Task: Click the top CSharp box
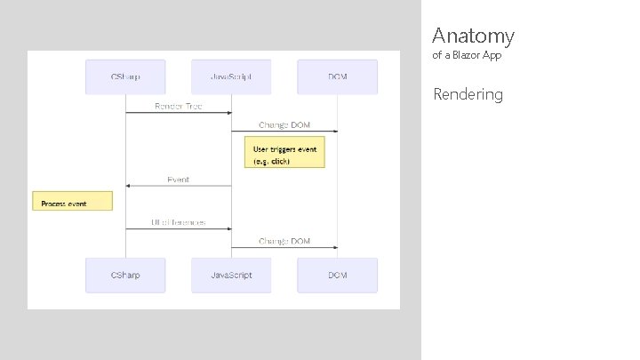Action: [125, 77]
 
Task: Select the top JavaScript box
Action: [231, 77]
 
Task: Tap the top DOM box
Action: [337, 77]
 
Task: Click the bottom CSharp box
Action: [125, 276]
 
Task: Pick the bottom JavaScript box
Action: [231, 276]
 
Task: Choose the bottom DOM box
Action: [337, 276]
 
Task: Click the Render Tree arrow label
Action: [179, 106]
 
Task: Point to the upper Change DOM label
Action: [284, 124]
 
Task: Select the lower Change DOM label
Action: [284, 241]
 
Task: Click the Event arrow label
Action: [179, 180]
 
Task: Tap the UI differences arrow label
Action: [179, 222]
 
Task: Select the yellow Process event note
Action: [72, 201]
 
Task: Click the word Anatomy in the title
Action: [473, 36]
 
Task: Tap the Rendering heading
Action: [468, 94]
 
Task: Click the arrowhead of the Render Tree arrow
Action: [228, 113]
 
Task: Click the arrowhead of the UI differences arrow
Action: [228, 229]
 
